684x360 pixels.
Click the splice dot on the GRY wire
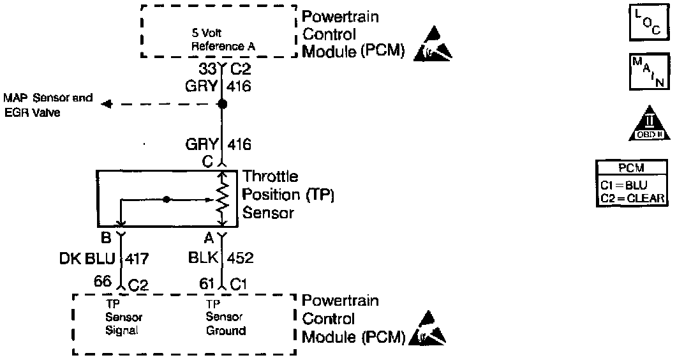point(221,104)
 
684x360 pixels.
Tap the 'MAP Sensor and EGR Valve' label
point(48,105)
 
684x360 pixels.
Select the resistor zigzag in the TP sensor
point(221,198)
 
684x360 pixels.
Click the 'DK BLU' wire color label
point(87,259)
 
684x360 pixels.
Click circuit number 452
point(241,259)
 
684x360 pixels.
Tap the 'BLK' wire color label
point(204,259)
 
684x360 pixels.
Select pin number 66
point(102,281)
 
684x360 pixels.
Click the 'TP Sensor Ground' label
point(225,317)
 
